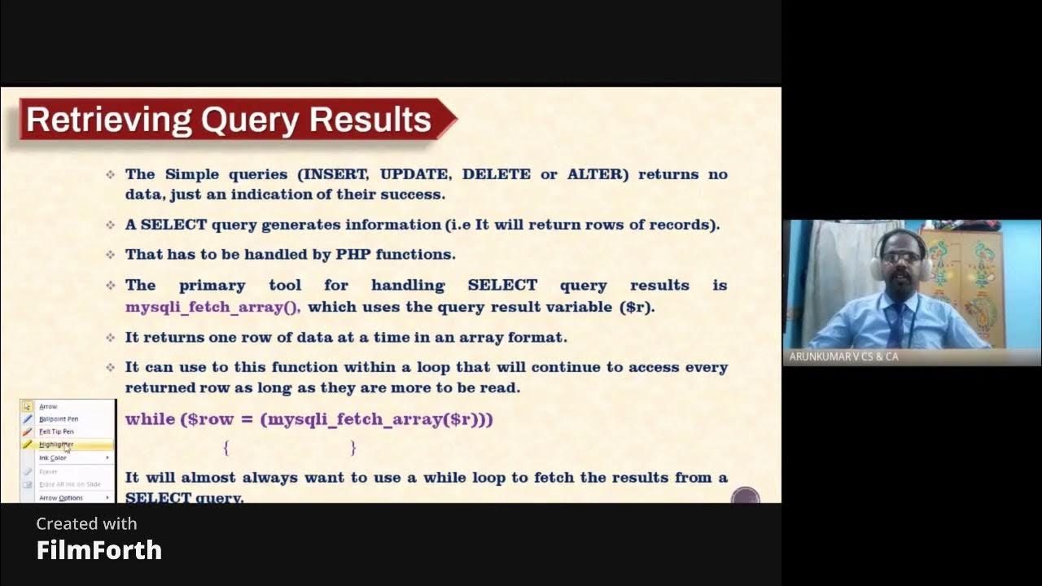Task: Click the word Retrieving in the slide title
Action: coord(108,120)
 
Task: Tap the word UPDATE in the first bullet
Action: coord(414,174)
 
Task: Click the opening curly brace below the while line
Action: coord(226,447)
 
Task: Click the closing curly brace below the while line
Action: coord(353,447)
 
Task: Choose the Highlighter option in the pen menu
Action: coord(56,444)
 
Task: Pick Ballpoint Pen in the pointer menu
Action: coord(59,418)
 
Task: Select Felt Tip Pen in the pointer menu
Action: coord(56,431)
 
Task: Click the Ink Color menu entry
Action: coord(53,457)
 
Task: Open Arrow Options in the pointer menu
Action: coord(61,497)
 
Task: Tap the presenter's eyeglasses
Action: coord(901,257)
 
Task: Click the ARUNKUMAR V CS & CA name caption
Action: coord(844,356)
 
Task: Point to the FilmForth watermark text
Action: coord(99,550)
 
